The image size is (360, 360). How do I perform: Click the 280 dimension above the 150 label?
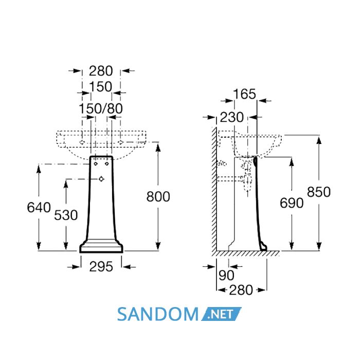click(x=101, y=71)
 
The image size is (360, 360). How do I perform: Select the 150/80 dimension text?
click(x=101, y=109)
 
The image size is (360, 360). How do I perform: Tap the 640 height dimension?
click(x=39, y=208)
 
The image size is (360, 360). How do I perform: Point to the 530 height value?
click(x=66, y=215)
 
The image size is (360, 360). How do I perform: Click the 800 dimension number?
click(x=158, y=197)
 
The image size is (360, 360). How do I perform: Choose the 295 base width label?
click(x=101, y=267)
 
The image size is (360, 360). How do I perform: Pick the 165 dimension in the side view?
click(x=244, y=94)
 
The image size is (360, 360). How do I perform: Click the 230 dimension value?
click(x=231, y=117)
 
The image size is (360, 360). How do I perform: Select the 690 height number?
click(x=292, y=203)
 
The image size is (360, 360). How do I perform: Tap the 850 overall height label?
click(x=319, y=192)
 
